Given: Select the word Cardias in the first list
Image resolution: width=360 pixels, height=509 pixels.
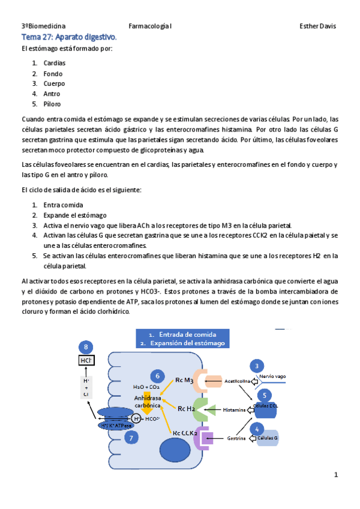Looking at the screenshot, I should [54, 63].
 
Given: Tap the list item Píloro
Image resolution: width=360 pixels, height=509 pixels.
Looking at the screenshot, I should [52, 104].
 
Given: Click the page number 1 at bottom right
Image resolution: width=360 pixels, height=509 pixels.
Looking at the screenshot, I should [337, 475].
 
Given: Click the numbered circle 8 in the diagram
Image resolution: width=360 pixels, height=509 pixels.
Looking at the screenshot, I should [87, 348].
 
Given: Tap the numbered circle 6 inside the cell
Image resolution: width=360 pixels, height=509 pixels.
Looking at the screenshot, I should [157, 376].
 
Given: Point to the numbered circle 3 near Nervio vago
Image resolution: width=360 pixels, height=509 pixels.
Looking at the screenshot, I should [257, 367].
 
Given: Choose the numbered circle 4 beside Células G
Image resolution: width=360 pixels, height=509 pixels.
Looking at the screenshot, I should [257, 429].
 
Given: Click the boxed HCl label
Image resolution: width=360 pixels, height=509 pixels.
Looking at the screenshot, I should [87, 361].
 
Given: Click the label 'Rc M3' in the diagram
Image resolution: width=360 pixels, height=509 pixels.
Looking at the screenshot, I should [184, 380].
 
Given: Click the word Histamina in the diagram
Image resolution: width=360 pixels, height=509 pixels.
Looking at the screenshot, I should [234, 410].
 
